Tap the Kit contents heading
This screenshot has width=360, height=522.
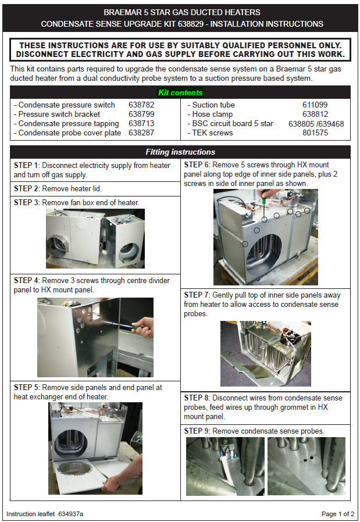[x=180, y=92]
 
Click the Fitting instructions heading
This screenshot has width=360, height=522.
[x=180, y=152]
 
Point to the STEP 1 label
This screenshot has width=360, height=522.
[x=27, y=166]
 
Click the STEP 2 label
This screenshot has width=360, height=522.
[x=27, y=189]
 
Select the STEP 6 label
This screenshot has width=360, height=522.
[x=197, y=165]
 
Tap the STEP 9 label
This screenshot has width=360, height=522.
[x=197, y=431]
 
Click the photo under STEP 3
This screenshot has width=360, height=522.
[x=95, y=238]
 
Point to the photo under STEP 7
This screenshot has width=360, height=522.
[x=265, y=353]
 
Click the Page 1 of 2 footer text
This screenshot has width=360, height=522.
[x=337, y=514]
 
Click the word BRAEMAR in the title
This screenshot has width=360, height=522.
[x=123, y=12]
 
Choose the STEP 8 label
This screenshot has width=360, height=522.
[x=197, y=398]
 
